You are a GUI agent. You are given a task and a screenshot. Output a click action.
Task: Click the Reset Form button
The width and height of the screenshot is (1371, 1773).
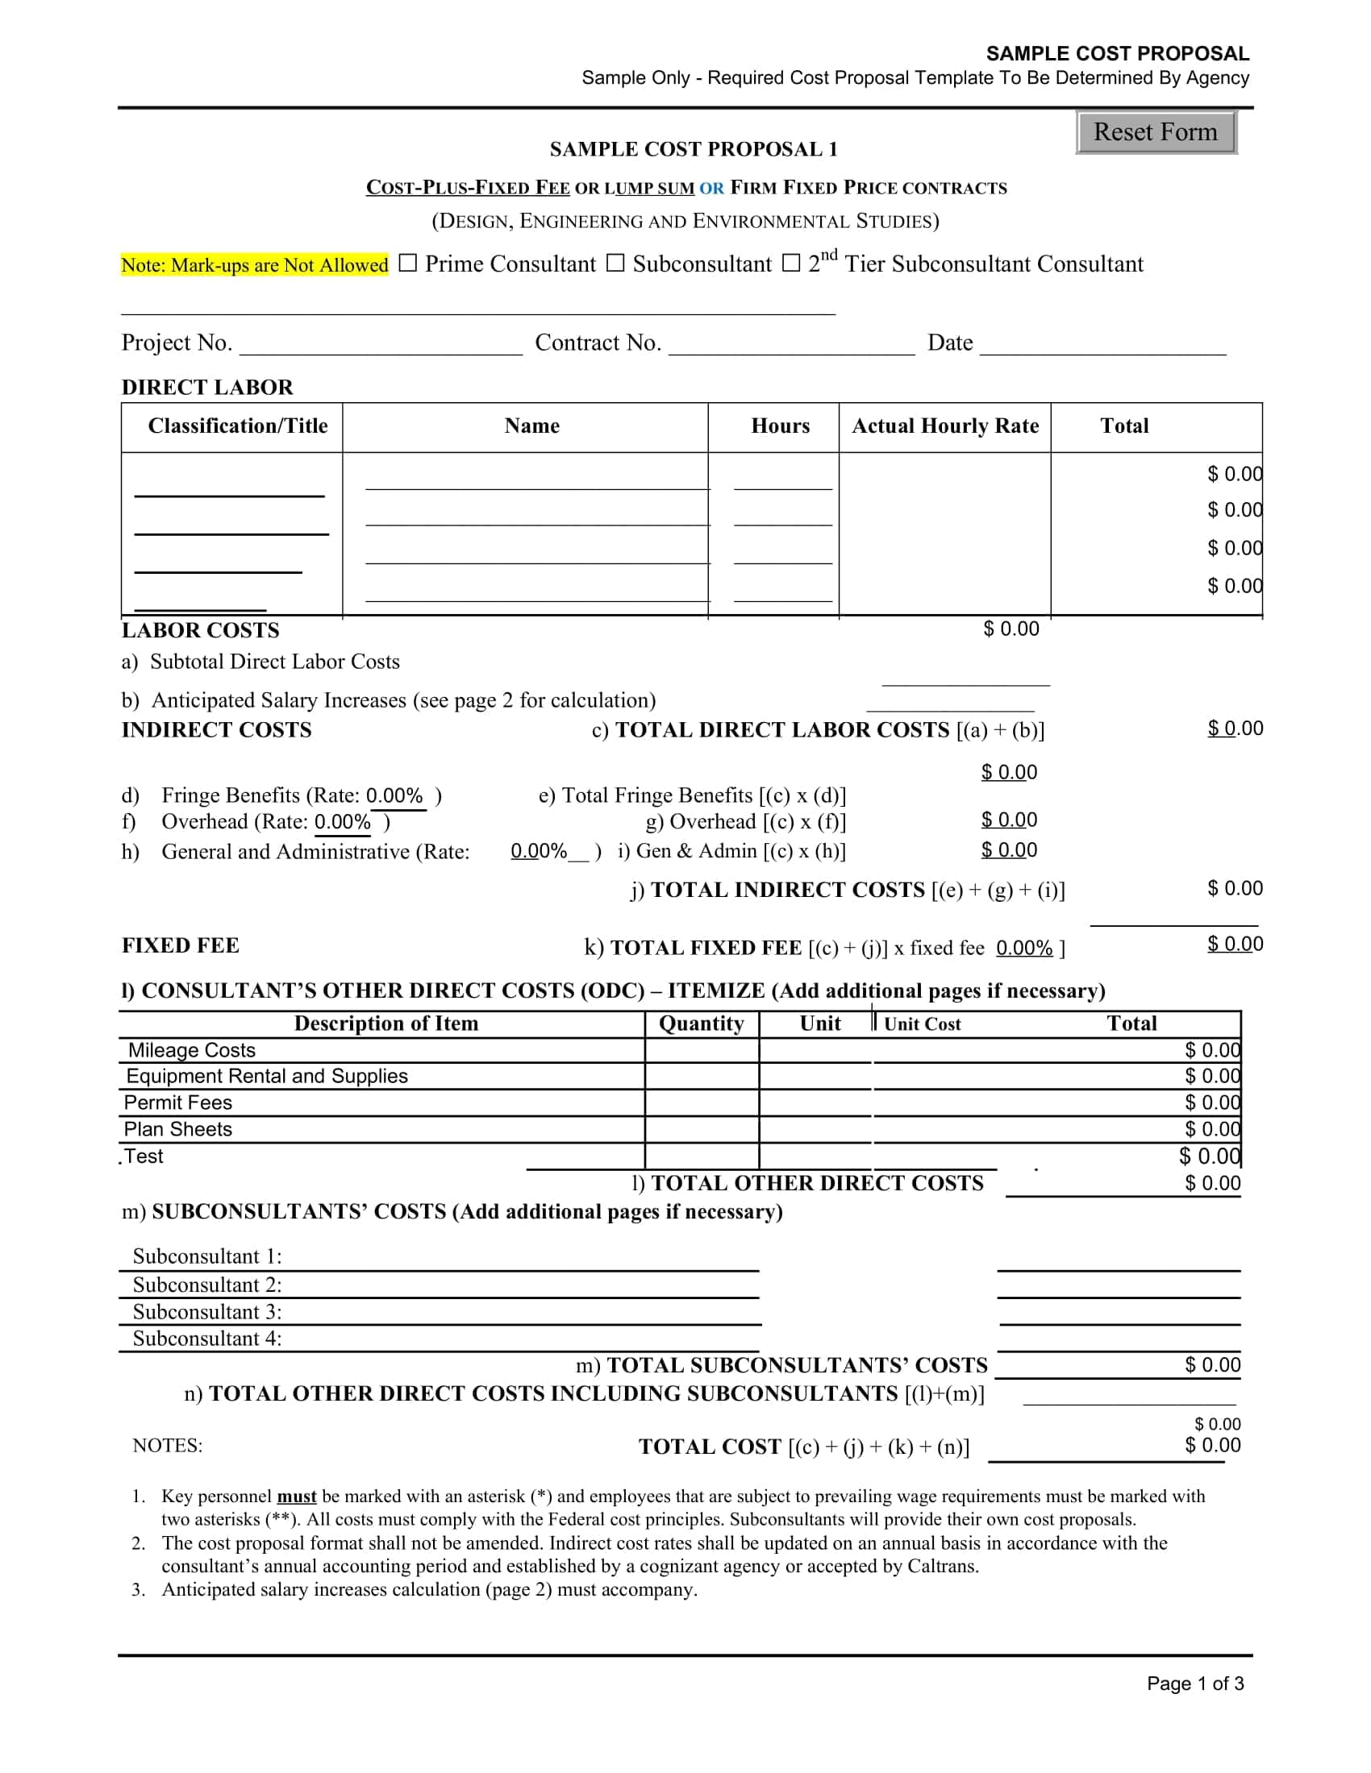[1155, 132]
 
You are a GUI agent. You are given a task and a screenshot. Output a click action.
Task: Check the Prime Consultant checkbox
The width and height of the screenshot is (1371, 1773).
[408, 263]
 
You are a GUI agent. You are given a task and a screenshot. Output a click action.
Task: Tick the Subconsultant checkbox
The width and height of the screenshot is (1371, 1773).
[615, 263]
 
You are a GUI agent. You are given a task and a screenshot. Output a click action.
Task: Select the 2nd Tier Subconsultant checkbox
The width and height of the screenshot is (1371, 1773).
[790, 263]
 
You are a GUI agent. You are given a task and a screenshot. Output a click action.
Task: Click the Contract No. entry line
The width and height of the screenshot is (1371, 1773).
[791, 344]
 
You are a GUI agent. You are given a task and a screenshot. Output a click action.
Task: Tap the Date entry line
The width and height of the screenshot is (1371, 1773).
[1102, 344]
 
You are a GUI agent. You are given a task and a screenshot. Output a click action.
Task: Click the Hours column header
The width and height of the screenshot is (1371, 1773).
[780, 426]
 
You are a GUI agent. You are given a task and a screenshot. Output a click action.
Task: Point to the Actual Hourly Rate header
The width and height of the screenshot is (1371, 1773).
[944, 426]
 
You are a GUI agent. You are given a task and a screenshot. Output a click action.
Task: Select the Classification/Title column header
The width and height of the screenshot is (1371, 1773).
[237, 426]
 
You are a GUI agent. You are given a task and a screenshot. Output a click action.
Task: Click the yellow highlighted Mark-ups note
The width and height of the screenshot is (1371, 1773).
[255, 264]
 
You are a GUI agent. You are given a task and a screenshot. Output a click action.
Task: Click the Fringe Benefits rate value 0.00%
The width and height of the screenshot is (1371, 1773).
[394, 795]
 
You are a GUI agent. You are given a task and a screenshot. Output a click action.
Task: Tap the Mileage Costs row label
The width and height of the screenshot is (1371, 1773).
[192, 1050]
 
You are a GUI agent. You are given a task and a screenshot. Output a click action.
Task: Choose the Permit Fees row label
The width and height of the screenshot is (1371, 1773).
[178, 1102]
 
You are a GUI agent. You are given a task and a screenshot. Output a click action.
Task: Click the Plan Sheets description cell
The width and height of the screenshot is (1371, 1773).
[178, 1129]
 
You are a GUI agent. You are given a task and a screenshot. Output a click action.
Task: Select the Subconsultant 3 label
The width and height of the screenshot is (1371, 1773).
[207, 1312]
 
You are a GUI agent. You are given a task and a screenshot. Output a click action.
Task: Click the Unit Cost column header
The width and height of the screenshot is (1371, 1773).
[922, 1024]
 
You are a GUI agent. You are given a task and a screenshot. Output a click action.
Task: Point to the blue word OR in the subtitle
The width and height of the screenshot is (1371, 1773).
[711, 189]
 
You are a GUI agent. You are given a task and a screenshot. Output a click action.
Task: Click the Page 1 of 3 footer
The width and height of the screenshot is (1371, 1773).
[1194, 1684]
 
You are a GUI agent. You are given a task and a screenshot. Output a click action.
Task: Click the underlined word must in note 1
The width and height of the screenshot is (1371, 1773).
[297, 1497]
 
